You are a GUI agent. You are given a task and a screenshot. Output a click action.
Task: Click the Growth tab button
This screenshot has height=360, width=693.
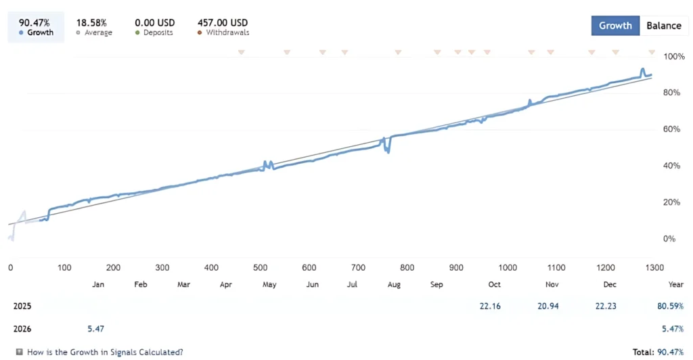pos(615,26)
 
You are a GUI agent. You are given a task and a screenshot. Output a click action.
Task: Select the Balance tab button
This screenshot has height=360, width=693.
pos(663,26)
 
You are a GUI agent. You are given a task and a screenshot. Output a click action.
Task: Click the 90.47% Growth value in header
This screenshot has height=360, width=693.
pos(34,22)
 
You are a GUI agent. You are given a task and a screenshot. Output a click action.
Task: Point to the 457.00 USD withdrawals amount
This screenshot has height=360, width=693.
pos(223,22)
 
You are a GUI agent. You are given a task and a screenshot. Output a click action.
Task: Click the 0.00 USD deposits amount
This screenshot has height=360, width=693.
pos(155,22)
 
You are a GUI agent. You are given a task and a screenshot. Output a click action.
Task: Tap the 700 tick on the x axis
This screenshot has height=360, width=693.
pos(358,268)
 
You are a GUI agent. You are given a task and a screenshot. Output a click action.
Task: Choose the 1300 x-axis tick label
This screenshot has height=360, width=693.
pos(654,268)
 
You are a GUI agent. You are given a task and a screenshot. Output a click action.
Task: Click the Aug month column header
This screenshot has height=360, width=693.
pos(394,285)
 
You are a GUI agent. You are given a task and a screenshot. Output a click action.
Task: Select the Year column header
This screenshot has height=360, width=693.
pos(675,285)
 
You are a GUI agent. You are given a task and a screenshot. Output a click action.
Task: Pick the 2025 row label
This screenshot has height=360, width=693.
pos(22,306)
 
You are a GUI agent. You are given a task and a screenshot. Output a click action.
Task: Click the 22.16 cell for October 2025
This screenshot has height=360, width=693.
pos(489,306)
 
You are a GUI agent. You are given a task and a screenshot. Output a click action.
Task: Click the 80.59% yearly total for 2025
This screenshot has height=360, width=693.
pos(669,306)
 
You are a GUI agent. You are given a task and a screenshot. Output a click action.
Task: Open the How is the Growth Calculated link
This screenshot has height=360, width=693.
pos(104,352)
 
